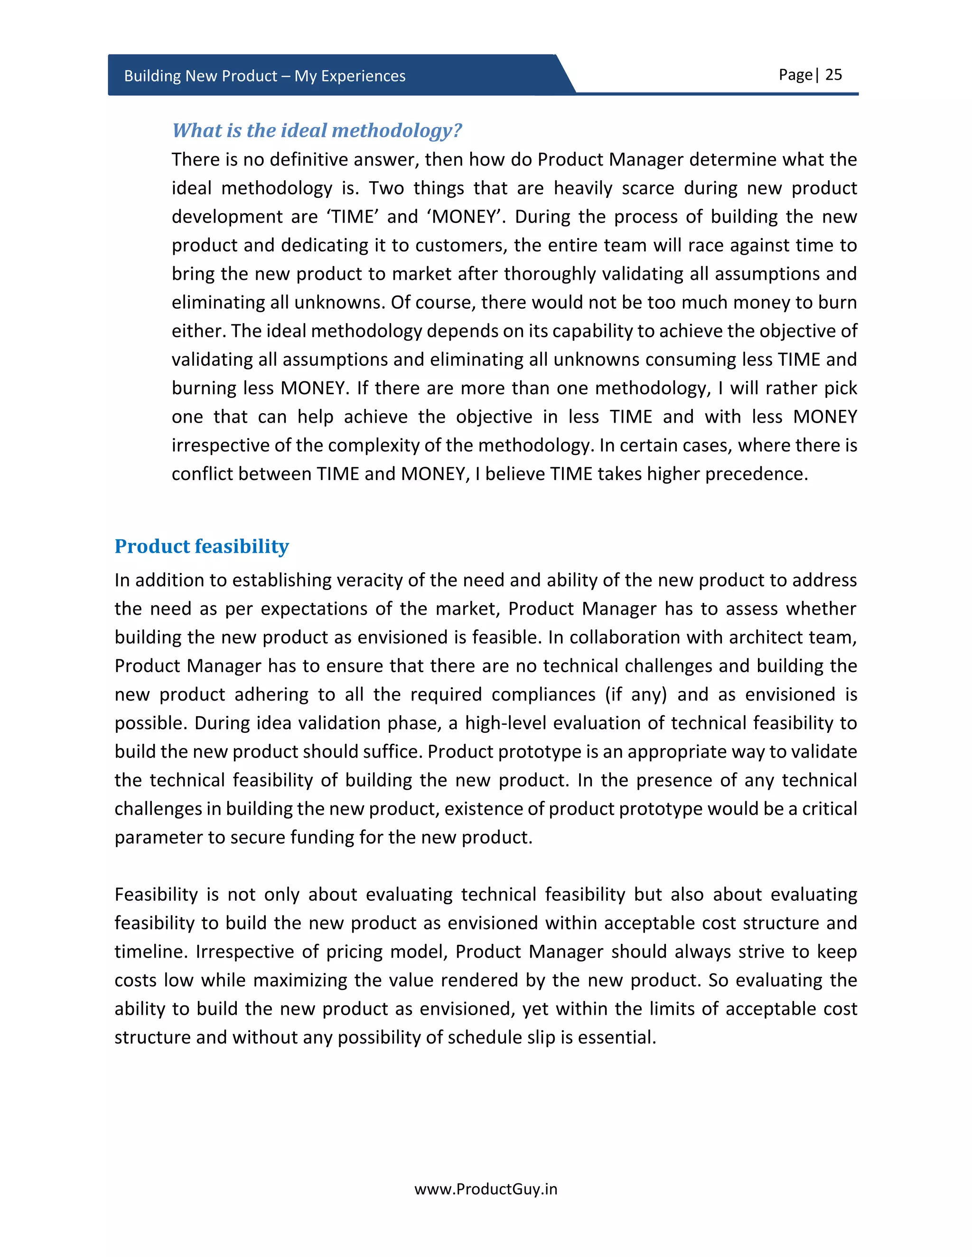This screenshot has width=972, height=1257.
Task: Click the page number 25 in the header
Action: click(833, 75)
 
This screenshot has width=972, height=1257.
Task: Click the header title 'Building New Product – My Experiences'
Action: click(264, 76)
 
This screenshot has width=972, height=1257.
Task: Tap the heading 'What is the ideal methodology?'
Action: click(317, 130)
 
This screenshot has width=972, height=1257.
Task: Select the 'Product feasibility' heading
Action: click(202, 546)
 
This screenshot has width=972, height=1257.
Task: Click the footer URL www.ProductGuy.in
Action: click(486, 1189)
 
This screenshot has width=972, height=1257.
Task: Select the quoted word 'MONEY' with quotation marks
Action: click(465, 217)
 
